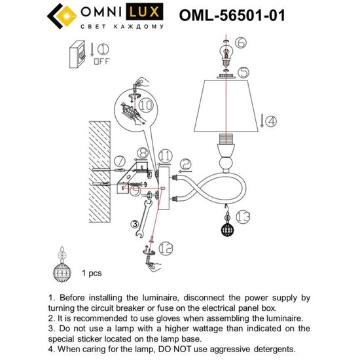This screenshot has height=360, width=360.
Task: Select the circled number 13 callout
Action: (243, 216)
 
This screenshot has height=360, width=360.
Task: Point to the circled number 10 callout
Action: (145, 105)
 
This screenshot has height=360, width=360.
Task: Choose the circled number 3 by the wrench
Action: (136, 225)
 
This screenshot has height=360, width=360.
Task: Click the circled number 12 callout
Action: (167, 247)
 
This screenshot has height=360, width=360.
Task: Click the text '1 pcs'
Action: (90, 271)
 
